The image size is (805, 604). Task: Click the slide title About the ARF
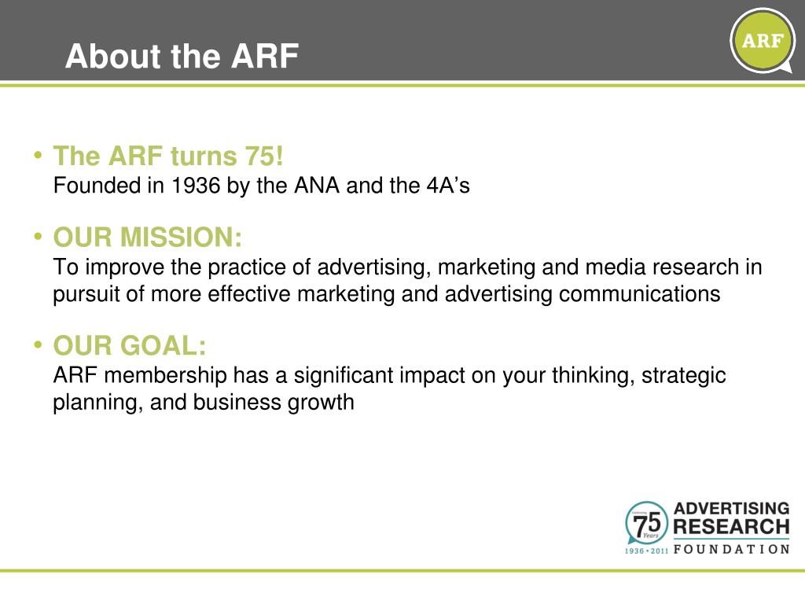(182, 57)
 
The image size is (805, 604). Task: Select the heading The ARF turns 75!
(167, 157)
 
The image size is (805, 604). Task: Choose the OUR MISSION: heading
(148, 237)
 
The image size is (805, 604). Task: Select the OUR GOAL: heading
(130, 345)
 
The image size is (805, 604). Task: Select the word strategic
(683, 376)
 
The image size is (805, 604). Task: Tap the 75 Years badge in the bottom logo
(646, 521)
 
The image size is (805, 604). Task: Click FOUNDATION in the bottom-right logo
(731, 549)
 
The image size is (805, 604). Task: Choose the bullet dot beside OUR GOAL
(38, 344)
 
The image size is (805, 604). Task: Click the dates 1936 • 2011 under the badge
(646, 551)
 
